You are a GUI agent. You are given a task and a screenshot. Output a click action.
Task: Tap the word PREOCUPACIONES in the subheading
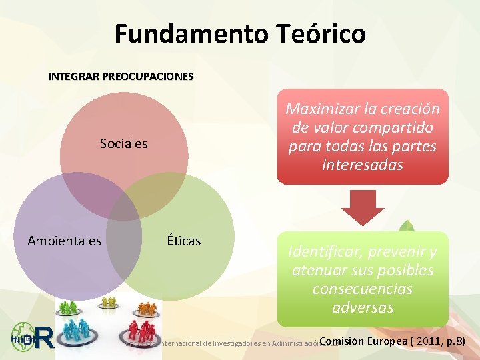coord(147,77)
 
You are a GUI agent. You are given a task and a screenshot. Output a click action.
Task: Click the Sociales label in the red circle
coord(123,143)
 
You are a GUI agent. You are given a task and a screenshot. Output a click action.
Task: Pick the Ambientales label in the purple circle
coord(65,241)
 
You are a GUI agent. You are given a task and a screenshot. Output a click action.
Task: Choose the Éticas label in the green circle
coord(184,241)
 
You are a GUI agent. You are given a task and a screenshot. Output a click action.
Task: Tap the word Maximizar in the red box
coord(321,109)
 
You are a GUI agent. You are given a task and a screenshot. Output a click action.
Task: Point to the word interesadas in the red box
coord(363,165)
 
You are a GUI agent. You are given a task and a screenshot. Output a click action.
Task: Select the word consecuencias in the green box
coord(363,289)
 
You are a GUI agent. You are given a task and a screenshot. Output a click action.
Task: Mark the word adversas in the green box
coord(363,308)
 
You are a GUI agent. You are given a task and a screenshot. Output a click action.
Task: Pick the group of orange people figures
coord(148,309)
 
